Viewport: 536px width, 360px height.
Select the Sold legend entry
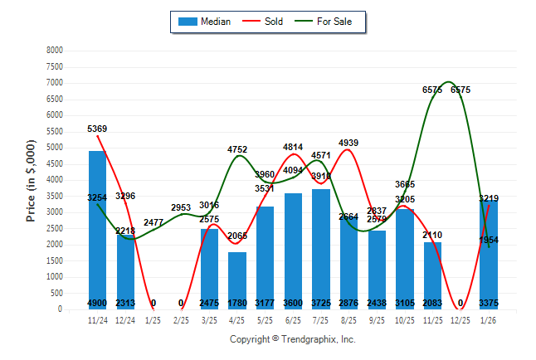click(263, 22)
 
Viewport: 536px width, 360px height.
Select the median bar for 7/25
click(321, 249)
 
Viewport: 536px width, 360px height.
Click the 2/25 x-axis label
click(181, 319)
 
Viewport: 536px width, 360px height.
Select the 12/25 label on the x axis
click(460, 319)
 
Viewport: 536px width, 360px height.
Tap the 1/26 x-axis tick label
click(489, 319)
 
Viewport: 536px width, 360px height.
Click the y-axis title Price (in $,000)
click(31, 180)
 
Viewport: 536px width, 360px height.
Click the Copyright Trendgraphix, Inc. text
click(292, 340)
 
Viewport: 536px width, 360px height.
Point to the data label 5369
click(97, 129)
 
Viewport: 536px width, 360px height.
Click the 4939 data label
click(348, 144)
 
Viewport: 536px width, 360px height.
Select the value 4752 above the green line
click(237, 149)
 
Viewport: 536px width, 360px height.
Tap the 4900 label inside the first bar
click(97, 303)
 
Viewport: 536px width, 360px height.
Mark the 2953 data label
click(181, 207)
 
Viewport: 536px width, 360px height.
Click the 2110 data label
click(432, 235)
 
